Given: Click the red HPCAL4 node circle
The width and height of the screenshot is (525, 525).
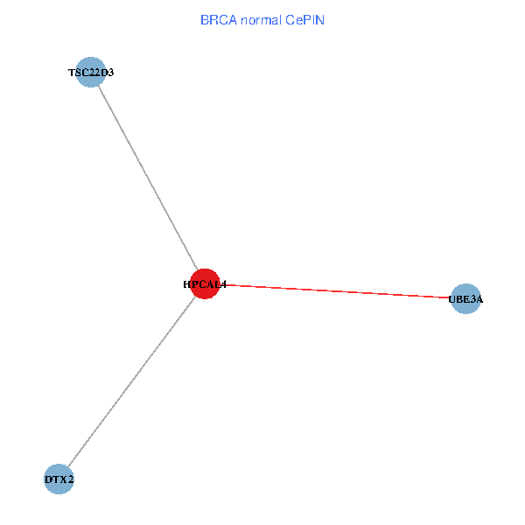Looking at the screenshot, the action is pos(204,283).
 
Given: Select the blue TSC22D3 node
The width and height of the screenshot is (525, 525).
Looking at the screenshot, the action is pos(91,72).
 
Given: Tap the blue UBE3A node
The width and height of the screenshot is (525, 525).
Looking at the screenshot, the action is pos(465,299).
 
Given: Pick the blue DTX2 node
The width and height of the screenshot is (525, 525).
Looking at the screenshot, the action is pos(59,479).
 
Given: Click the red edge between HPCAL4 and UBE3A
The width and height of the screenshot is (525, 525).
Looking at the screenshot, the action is pos(341,292).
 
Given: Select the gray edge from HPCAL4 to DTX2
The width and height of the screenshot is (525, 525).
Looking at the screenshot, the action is pos(131,381).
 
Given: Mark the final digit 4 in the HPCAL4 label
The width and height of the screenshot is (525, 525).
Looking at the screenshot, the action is pos(223,284).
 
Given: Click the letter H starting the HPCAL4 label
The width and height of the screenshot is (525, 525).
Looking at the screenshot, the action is pos(187,284).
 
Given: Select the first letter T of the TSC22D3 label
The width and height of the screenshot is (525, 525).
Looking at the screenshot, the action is pos(72,73).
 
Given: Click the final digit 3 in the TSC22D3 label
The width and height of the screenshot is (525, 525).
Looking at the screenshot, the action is pos(110,73).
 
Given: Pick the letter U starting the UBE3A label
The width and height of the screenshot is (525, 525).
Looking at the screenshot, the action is pos(452,300).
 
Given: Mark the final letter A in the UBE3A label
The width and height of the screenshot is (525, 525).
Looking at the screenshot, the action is pos(479,300).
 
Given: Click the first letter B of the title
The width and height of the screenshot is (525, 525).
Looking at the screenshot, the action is pos(204,19).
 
